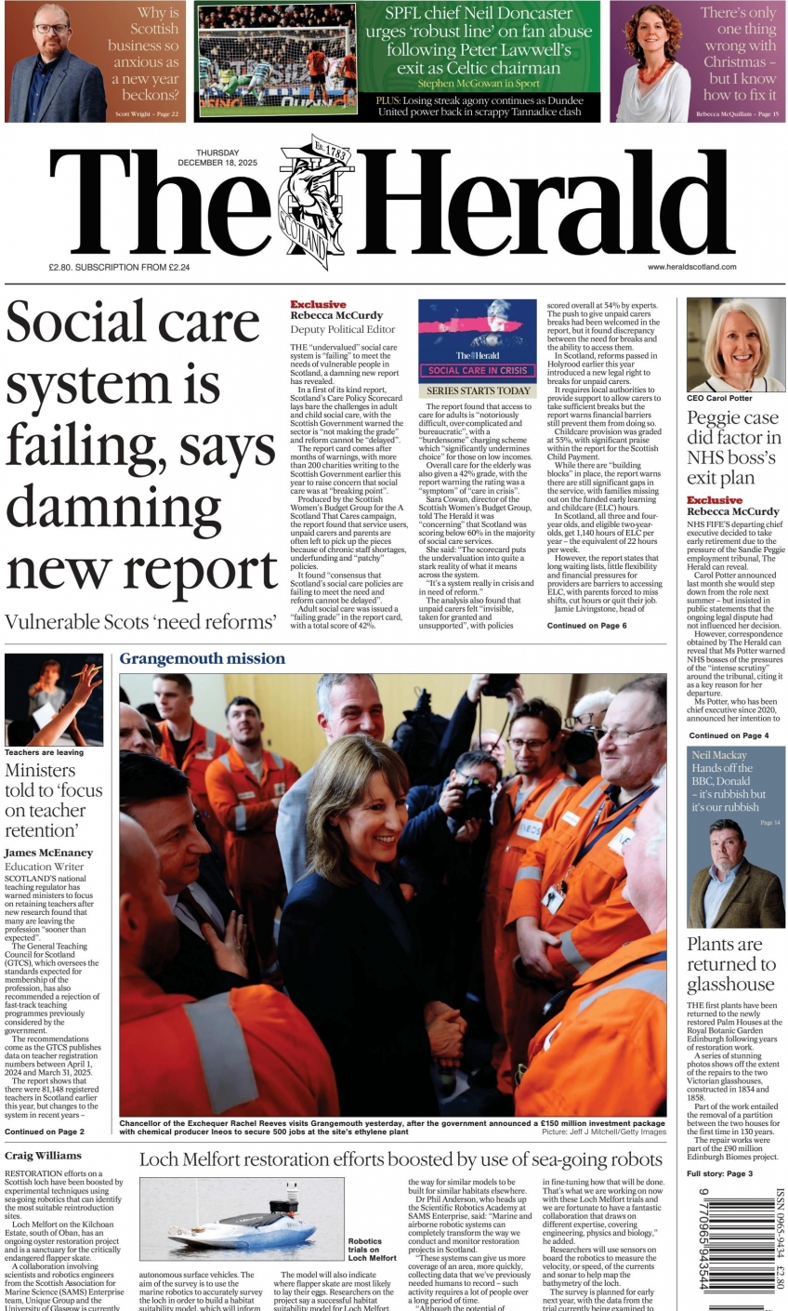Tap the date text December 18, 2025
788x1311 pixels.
[217, 163]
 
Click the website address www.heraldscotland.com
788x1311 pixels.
[691, 267]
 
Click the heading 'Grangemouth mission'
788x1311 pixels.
[202, 658]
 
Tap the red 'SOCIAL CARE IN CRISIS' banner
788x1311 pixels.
[477, 370]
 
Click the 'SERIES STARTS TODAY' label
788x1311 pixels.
[478, 391]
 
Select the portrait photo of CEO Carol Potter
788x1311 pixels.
[736, 344]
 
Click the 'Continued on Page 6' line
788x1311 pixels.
[586, 626]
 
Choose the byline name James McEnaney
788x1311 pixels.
[48, 853]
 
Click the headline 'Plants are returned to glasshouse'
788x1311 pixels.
[731, 964]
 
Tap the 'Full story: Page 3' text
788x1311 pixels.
[720, 1174]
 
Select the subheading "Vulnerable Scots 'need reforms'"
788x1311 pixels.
[140, 622]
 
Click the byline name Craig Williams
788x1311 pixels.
[43, 1156]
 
